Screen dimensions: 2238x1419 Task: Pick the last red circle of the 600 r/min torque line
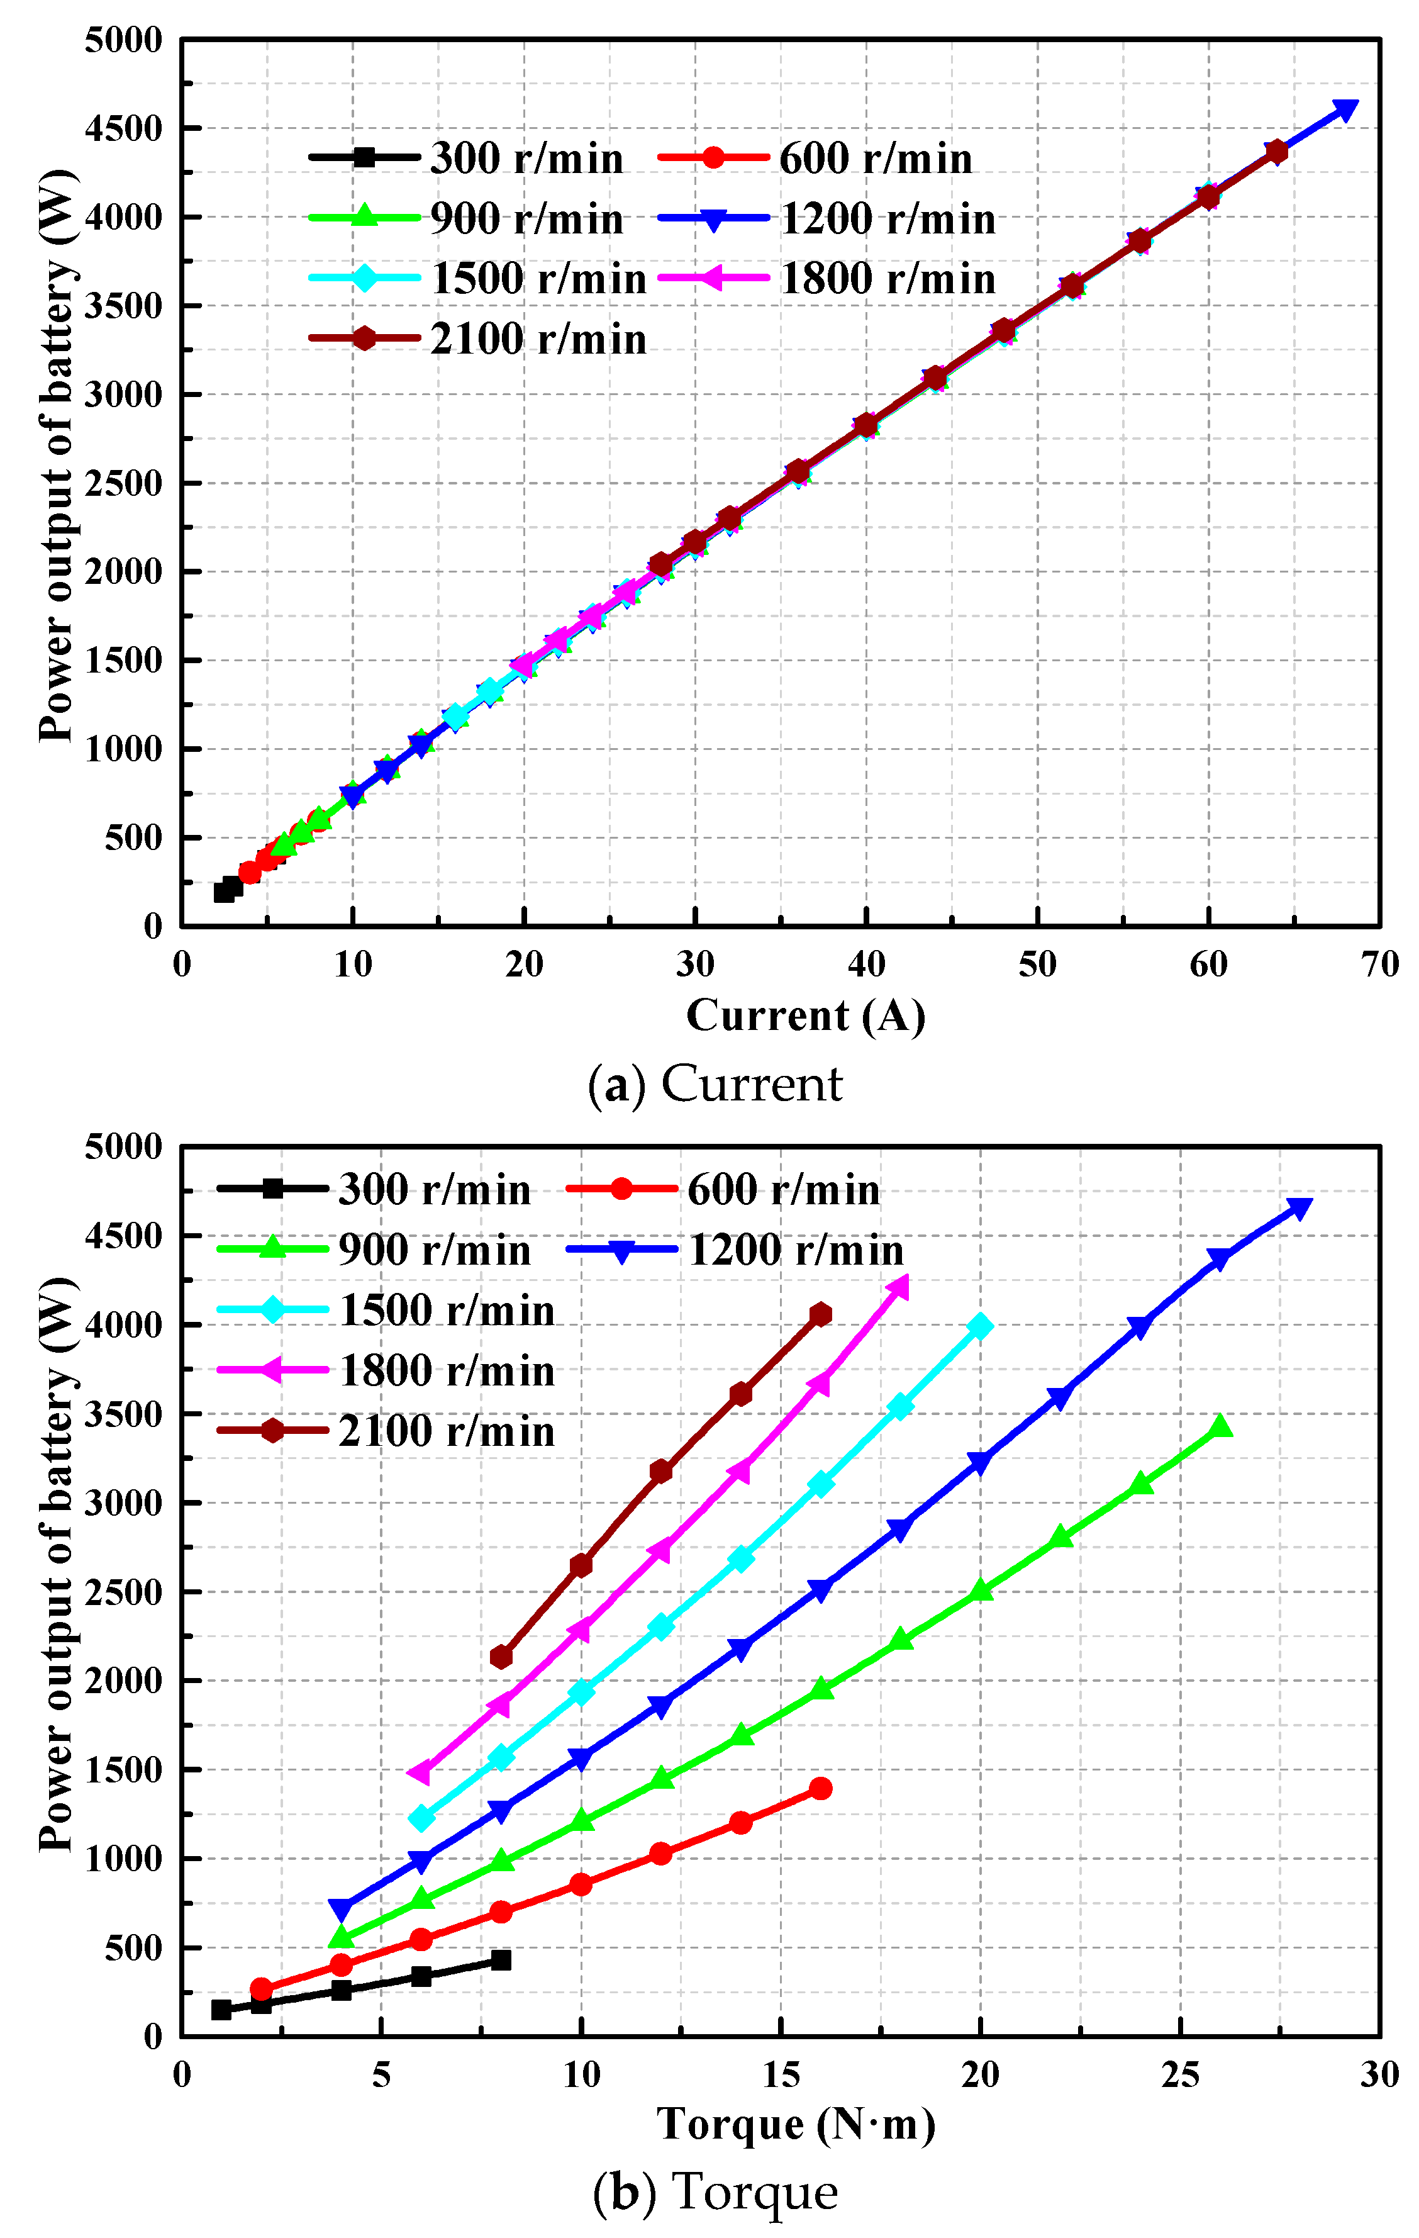[x=821, y=1788]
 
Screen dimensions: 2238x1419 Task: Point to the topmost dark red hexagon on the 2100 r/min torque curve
[x=821, y=1314]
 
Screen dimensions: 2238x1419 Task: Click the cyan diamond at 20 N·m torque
[x=979, y=1326]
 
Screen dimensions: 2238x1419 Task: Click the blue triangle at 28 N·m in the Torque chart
[x=1299, y=1208]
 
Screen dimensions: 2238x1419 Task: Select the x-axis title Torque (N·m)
[x=796, y=2125]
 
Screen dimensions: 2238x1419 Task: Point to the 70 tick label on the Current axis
[x=1379, y=965]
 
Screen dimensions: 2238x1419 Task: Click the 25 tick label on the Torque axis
[x=1180, y=2074]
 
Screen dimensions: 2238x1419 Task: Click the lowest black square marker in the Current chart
[x=224, y=892]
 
